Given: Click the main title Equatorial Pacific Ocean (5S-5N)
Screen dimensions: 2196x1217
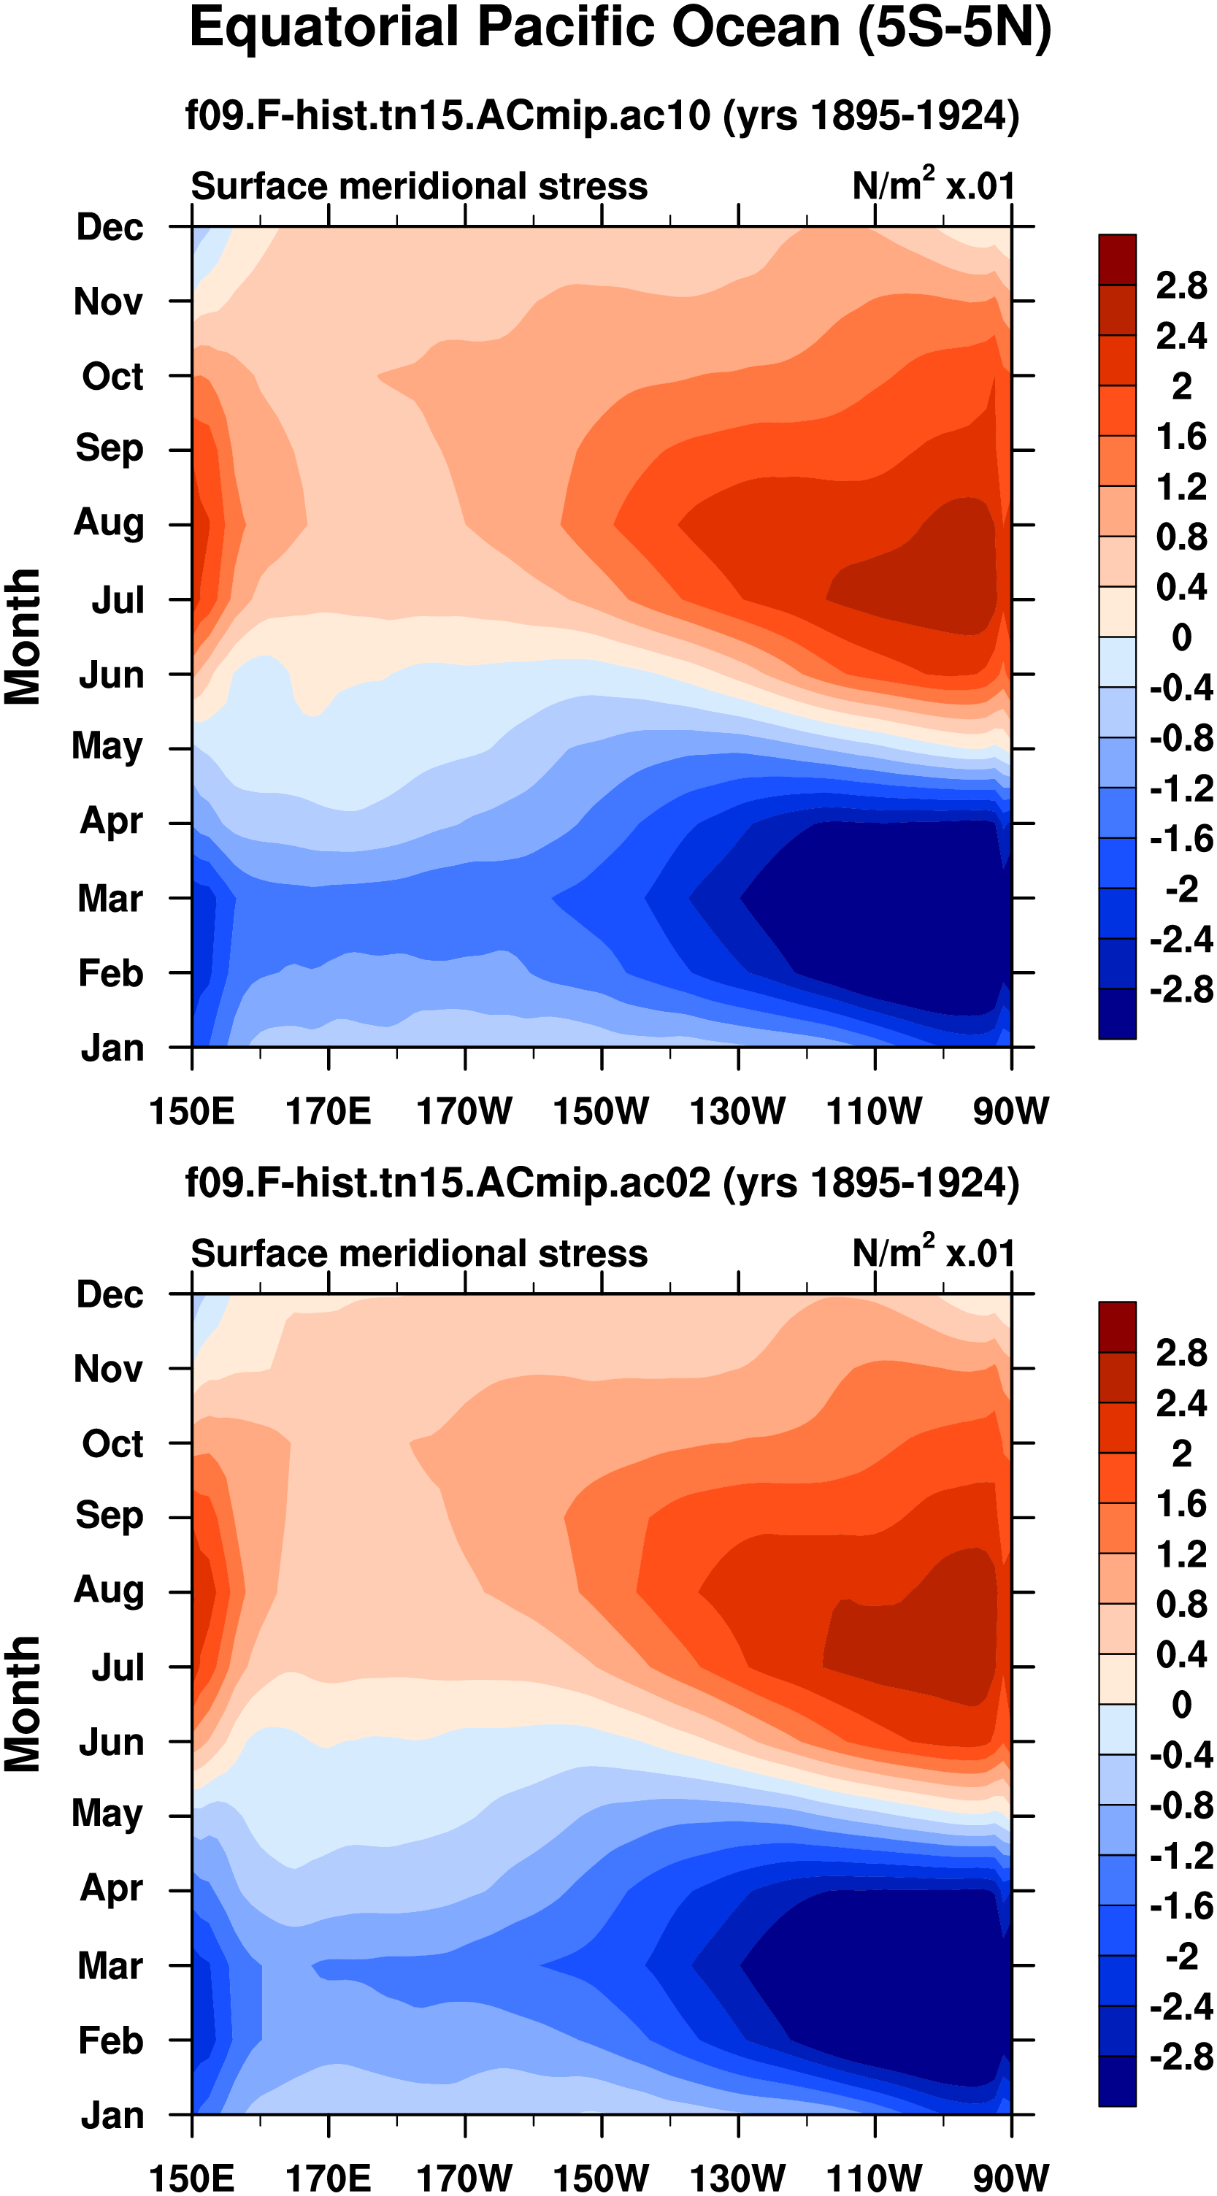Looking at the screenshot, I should (620, 29).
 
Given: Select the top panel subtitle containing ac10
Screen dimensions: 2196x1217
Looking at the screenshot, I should (602, 115).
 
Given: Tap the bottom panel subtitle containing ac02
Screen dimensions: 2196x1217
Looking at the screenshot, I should (602, 1183).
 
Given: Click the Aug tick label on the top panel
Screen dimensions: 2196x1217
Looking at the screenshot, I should (108, 523).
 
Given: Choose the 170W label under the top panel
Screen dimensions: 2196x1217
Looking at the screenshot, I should (464, 1112).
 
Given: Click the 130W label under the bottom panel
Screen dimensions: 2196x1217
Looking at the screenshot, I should (738, 2178).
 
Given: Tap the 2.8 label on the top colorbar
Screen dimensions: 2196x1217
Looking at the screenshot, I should (1181, 285).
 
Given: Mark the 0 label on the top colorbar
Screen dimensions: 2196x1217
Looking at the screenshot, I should (1181, 637).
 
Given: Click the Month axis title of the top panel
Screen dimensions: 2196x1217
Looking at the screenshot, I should (23, 637).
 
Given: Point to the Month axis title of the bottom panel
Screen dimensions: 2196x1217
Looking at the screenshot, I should (23, 1704).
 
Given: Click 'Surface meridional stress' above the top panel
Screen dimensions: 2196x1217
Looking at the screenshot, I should (418, 187).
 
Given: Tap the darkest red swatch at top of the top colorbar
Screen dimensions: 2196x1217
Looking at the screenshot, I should (1116, 259).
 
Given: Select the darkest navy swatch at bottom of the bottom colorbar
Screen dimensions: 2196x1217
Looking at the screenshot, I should (1116, 2080).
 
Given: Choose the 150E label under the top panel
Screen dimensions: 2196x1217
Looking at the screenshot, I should (192, 1112).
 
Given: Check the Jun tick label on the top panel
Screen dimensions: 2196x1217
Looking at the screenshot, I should (111, 675).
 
